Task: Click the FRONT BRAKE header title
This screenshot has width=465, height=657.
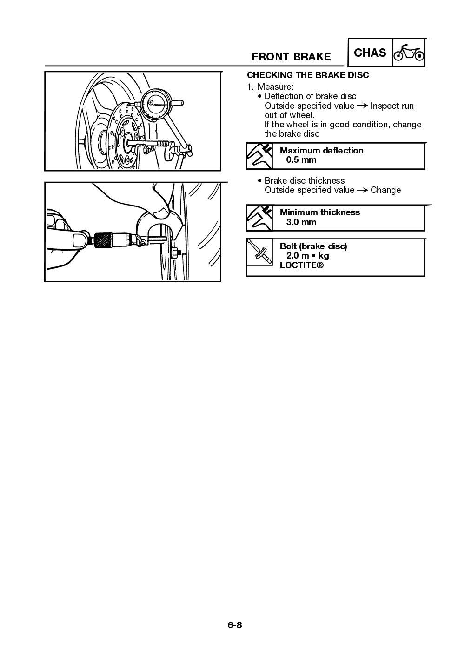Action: (x=291, y=57)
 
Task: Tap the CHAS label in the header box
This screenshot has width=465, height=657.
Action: (x=370, y=53)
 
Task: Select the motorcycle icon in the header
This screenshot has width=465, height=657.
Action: (x=409, y=53)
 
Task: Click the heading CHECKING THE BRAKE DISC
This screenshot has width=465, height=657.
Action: (x=308, y=75)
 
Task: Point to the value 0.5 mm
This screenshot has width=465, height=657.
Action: (x=301, y=160)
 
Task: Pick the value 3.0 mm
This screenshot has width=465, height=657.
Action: (x=301, y=222)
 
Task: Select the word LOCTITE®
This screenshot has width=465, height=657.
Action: (x=301, y=265)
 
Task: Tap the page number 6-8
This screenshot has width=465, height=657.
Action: (x=235, y=625)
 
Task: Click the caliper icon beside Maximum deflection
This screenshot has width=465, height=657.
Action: (x=260, y=156)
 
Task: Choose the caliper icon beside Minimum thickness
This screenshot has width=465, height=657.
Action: (x=260, y=218)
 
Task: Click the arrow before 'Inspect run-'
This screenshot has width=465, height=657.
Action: (x=362, y=106)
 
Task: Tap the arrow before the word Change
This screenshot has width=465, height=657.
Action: (x=362, y=190)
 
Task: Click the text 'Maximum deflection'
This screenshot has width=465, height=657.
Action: (x=321, y=151)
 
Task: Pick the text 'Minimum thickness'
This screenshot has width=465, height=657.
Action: (x=319, y=212)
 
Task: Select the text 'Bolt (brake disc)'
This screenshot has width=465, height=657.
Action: (x=313, y=246)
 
